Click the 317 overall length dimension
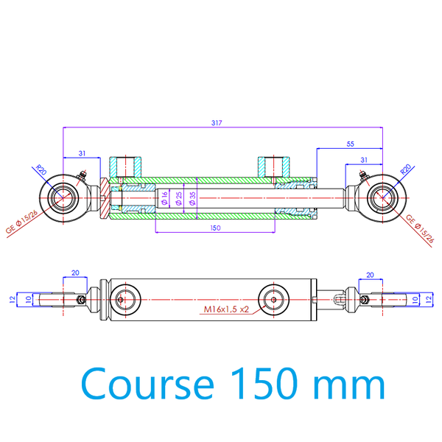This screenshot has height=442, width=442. click(217, 123)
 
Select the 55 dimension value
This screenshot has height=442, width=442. click(350, 144)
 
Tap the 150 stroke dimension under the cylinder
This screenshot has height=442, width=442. click(215, 228)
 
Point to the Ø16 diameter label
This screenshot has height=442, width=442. click(164, 197)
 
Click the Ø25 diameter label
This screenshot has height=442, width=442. click(178, 198)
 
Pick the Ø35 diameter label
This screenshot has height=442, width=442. click(192, 198)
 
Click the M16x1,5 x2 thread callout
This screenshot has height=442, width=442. click(226, 309)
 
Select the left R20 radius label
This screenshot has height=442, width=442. click(41, 170)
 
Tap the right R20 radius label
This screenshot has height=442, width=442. click(406, 169)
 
